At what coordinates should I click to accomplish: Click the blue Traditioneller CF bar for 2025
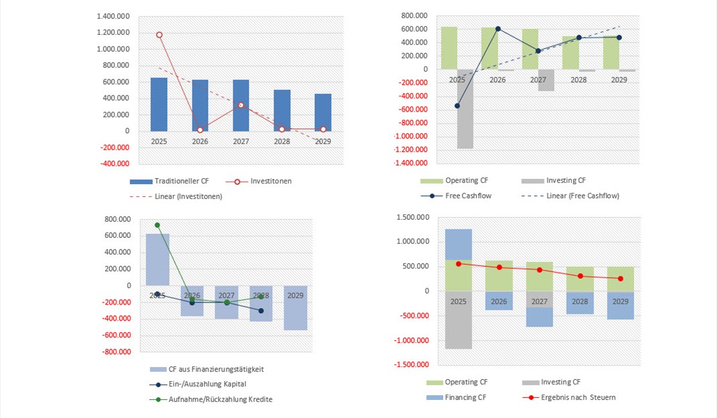[x=159, y=104]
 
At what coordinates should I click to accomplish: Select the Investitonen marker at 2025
[x=159, y=34]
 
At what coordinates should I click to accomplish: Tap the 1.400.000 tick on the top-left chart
[x=113, y=16]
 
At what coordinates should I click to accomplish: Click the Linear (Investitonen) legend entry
[x=176, y=196]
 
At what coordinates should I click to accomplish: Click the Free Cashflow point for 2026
[x=498, y=29]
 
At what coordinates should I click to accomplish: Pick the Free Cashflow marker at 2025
[x=457, y=106]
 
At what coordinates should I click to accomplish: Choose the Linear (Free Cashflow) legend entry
[x=570, y=196]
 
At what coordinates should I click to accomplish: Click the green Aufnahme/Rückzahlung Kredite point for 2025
[x=157, y=225]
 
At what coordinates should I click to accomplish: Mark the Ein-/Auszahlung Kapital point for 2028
[x=261, y=310]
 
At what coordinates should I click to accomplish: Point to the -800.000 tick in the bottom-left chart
[x=116, y=352]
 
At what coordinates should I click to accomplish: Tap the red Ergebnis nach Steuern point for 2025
[x=458, y=263]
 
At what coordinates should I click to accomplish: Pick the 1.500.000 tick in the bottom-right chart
[x=411, y=218]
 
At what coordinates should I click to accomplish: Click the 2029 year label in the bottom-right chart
[x=620, y=302]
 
